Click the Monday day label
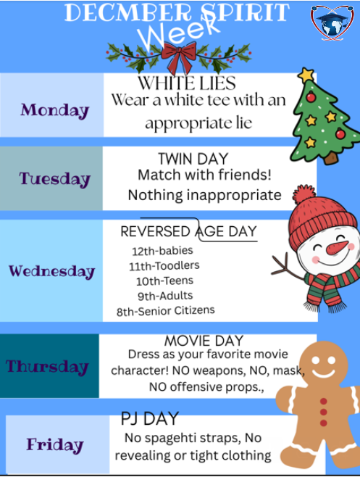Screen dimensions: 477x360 click(x=54, y=110)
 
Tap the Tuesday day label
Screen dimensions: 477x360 click(x=54, y=178)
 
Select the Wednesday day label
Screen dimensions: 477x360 click(x=51, y=271)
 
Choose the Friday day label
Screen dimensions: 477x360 click(x=55, y=444)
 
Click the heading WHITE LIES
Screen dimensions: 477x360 click(x=186, y=82)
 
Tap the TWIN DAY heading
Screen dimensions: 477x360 click(x=193, y=159)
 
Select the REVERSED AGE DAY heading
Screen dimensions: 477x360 click(x=188, y=231)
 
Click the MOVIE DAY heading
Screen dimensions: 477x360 click(x=204, y=340)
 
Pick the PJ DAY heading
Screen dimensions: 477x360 click(x=149, y=418)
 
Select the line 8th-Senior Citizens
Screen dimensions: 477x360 click(x=165, y=311)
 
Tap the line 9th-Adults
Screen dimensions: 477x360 click(x=165, y=296)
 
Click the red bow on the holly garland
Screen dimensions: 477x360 click(x=178, y=55)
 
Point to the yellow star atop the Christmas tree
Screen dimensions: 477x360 click(x=307, y=75)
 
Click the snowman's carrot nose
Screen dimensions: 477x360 click(x=335, y=248)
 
